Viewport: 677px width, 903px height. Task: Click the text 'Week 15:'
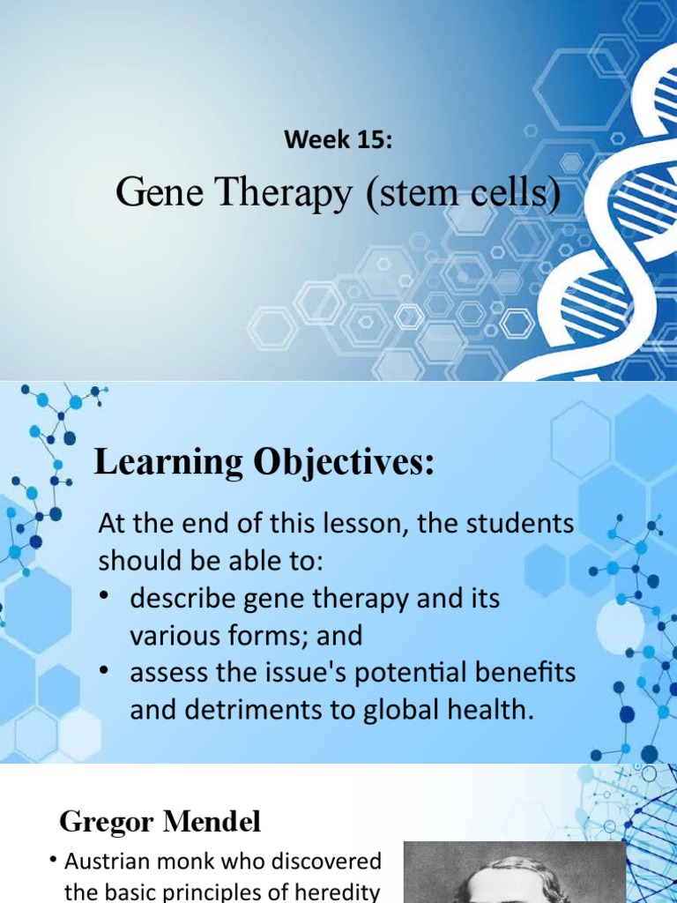point(338,139)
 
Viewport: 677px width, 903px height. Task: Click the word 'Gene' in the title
point(151,193)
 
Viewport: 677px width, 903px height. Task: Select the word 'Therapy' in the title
point(272,193)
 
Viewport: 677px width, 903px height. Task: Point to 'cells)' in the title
point(511,193)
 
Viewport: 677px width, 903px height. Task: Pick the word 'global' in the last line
point(407,710)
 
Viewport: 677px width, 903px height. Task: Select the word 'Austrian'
point(114,861)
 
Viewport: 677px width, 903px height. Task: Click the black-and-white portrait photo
point(513,873)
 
